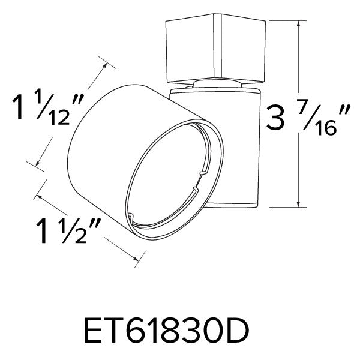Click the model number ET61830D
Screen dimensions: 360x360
tap(181, 331)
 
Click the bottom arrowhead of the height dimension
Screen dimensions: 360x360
tap(298, 204)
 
